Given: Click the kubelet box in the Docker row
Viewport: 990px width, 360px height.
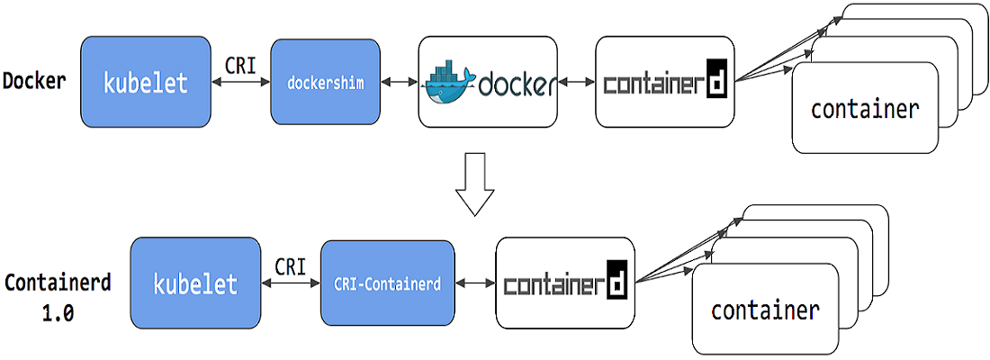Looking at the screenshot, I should click(x=145, y=83).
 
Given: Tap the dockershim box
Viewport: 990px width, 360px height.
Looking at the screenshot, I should click(x=322, y=83).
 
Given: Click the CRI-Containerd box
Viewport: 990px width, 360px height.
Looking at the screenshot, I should click(x=387, y=283).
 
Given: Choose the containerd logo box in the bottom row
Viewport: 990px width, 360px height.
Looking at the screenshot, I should click(x=564, y=283).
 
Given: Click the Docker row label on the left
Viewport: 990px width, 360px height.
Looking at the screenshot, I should click(x=34, y=81).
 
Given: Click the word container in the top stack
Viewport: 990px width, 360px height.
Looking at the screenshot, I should click(x=864, y=110).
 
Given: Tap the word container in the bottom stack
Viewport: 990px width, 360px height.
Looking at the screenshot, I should click(x=765, y=311).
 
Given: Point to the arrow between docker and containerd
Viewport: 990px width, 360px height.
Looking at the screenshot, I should click(x=577, y=83).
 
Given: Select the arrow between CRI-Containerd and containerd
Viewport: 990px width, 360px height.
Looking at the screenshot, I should click(x=475, y=283).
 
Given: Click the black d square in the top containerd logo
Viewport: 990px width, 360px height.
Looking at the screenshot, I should click(x=716, y=79).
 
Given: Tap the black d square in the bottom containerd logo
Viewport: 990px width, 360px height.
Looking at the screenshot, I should click(x=616, y=280).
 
